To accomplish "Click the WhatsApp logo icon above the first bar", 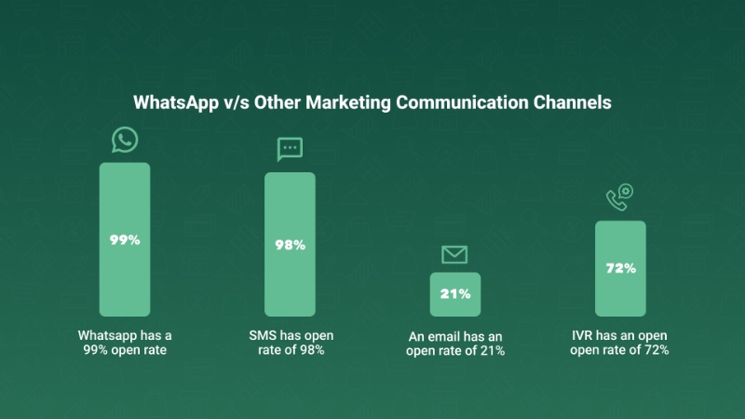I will click(x=125, y=141).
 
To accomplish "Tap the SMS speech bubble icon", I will click(x=290, y=149).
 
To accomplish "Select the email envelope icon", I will click(x=454, y=254).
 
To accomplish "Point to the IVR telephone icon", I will click(x=619, y=196).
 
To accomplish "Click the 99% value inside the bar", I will click(x=125, y=239).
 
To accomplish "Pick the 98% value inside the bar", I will click(x=290, y=246).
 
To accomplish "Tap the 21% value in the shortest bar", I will click(x=454, y=294).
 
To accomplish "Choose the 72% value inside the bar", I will click(x=619, y=268).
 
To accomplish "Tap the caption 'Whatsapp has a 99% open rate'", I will click(x=125, y=342).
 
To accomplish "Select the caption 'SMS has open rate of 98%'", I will click(x=290, y=342).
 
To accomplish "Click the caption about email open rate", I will click(x=456, y=345).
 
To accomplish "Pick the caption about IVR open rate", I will click(x=620, y=342).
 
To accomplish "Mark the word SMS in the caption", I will click(x=263, y=334).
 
